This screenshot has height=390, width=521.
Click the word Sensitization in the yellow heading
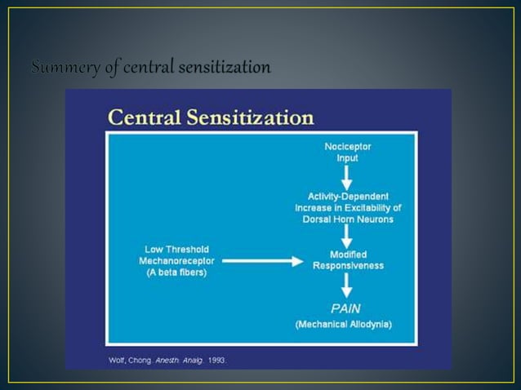(256, 118)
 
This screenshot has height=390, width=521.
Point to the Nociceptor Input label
(347, 152)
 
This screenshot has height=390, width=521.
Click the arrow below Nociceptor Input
(347, 176)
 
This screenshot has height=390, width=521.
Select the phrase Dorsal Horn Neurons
(348, 219)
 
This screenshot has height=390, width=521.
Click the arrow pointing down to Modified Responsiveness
(347, 237)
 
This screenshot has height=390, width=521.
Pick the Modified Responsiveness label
(348, 260)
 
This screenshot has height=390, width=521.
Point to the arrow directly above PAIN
(347, 285)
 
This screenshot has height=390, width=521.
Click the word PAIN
(347, 308)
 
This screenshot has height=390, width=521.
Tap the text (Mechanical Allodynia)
(343, 324)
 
